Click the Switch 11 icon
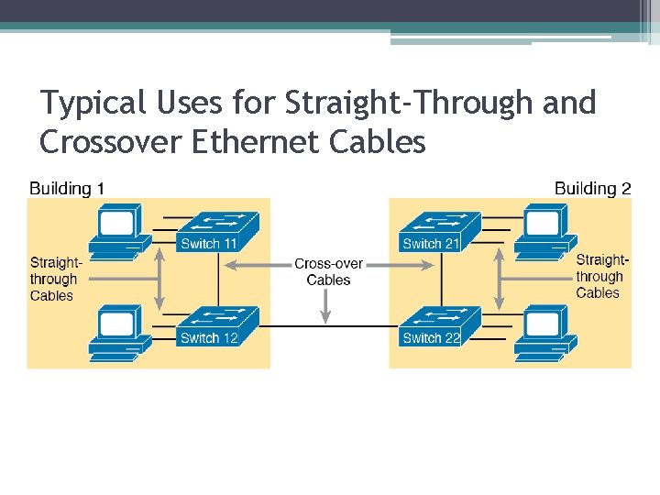pos(217,231)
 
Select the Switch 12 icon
pos(217,325)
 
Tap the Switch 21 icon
pos(440,231)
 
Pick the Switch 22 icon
pos(440,325)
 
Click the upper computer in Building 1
pos(117,229)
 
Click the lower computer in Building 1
pos(117,332)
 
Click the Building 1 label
pos(67,189)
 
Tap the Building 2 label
pos(592,189)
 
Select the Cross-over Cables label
pos(328,271)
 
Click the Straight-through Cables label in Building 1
pos(55,279)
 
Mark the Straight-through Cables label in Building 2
pos(600,276)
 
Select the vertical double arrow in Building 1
pos(159,279)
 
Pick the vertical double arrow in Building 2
pos(500,279)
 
